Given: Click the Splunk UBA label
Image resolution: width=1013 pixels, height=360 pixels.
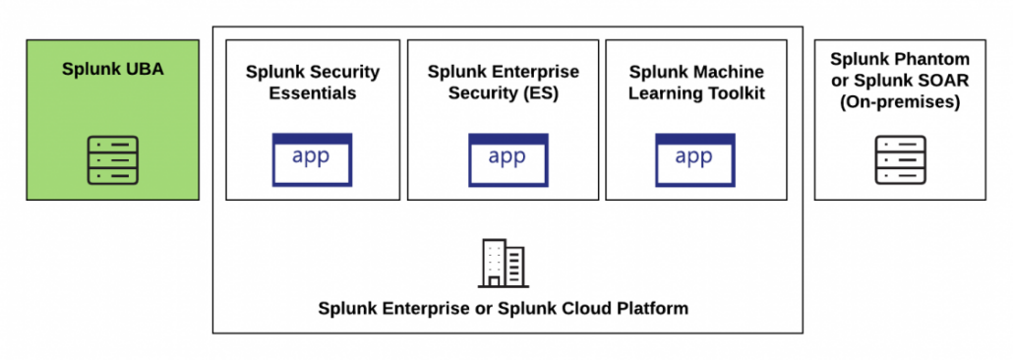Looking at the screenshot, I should (x=112, y=69).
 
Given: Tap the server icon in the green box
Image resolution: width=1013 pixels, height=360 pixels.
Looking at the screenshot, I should (x=112, y=160).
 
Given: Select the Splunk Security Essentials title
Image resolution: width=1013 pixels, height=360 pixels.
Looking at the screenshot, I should (x=312, y=82).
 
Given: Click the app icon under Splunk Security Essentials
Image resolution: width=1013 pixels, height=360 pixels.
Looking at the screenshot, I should (x=312, y=159).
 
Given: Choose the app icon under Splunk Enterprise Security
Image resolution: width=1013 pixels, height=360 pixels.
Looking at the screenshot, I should (x=506, y=159).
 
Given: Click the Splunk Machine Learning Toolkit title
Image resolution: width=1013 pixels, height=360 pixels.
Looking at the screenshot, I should (x=696, y=82).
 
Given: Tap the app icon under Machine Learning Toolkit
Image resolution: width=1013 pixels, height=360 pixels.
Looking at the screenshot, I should (x=695, y=159).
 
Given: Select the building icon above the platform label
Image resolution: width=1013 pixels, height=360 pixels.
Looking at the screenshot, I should (x=503, y=263).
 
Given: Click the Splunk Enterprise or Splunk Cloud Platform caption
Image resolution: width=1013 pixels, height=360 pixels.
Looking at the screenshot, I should (x=503, y=308).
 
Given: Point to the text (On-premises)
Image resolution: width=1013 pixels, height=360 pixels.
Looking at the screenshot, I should (x=900, y=100).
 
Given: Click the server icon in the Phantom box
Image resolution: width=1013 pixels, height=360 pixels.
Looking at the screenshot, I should (x=900, y=160).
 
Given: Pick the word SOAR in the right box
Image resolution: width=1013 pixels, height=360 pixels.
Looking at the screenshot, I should (x=935, y=80).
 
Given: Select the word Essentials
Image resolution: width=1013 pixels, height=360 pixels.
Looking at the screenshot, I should (x=312, y=93).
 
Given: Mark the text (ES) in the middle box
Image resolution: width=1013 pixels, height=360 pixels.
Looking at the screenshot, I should (x=540, y=93).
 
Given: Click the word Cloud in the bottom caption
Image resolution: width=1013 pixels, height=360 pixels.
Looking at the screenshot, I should (x=590, y=308).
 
